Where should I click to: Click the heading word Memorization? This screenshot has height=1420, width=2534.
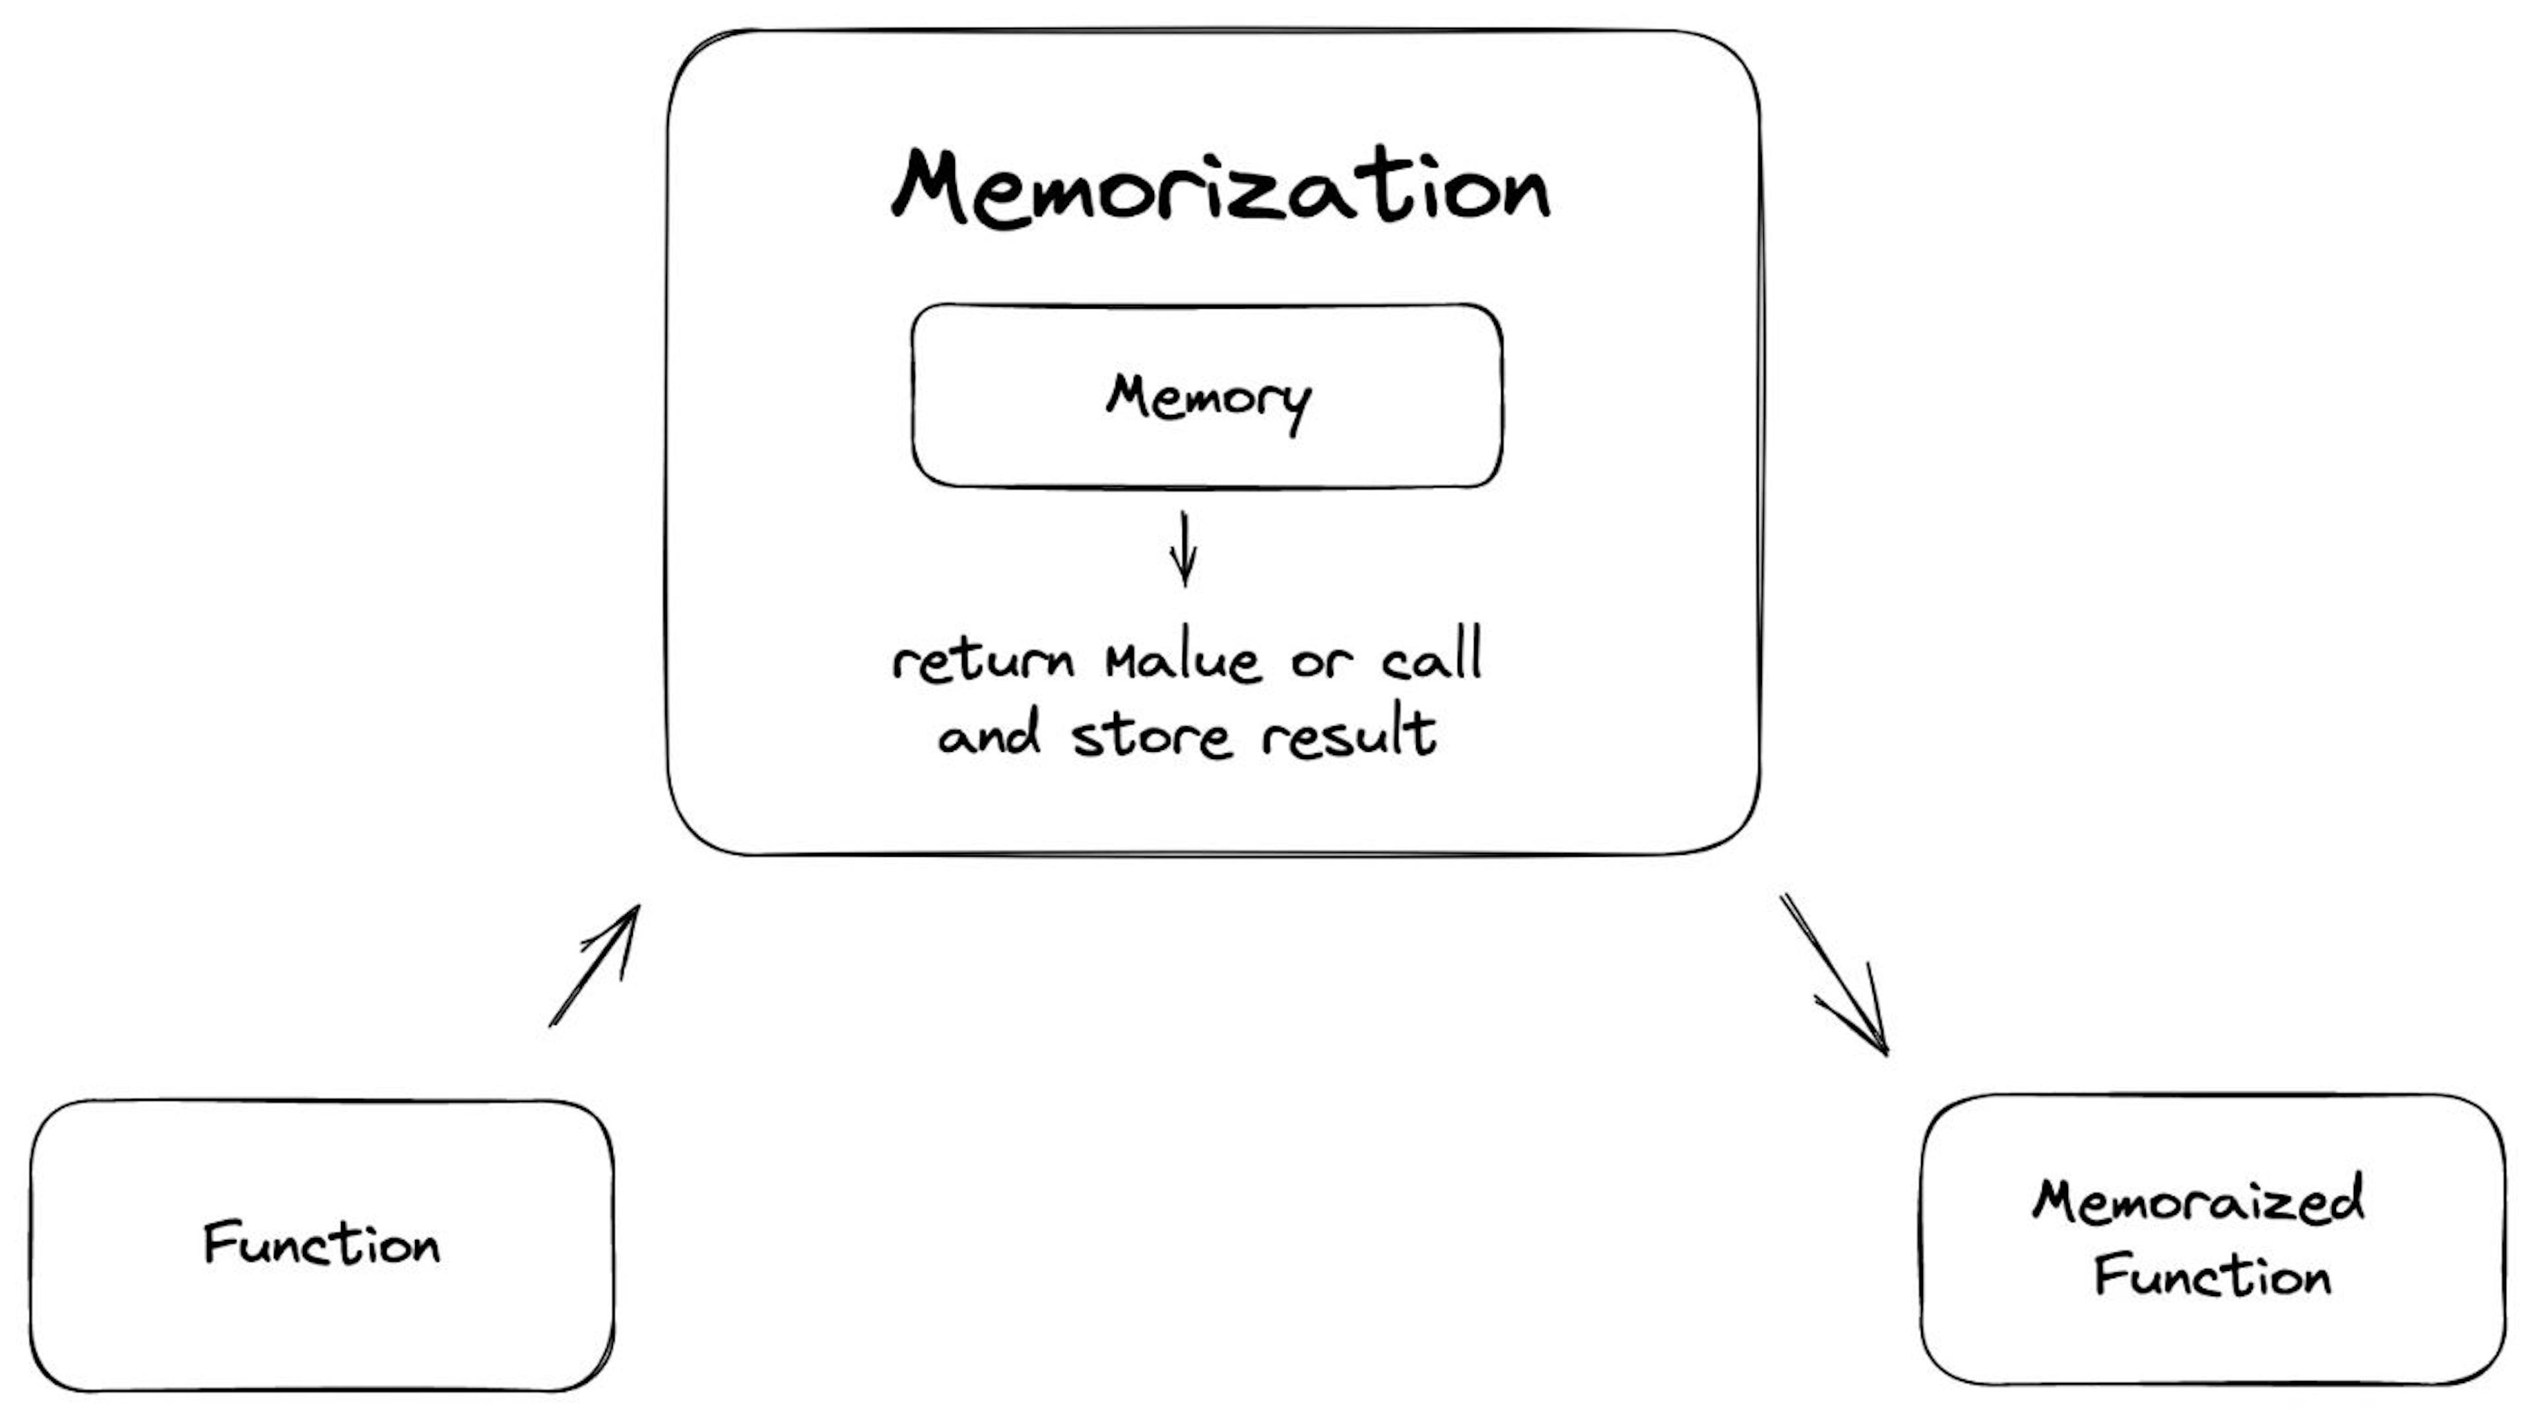click(1219, 189)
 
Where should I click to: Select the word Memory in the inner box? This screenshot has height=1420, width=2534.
click(1208, 399)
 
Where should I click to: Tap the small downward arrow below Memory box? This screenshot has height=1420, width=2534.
click(1185, 549)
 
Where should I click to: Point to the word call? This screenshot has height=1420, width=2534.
click(1431, 657)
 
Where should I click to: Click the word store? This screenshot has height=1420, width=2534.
click(1151, 735)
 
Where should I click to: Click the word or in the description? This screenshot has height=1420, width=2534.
click(1321, 661)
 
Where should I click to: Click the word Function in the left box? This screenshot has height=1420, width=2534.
click(321, 1244)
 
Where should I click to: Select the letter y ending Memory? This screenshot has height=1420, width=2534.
click(1299, 405)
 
